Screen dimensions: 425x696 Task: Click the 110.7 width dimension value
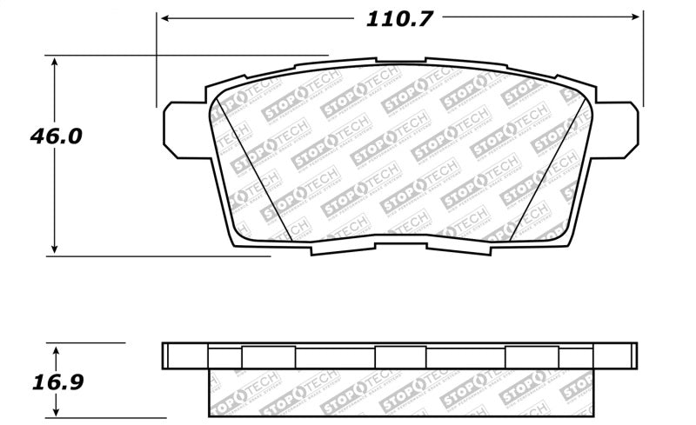pyautogui.click(x=399, y=18)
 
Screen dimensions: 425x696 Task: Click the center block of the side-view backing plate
pyautogui.click(x=400, y=356)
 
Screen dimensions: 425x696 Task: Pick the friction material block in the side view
pyautogui.click(x=400, y=391)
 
